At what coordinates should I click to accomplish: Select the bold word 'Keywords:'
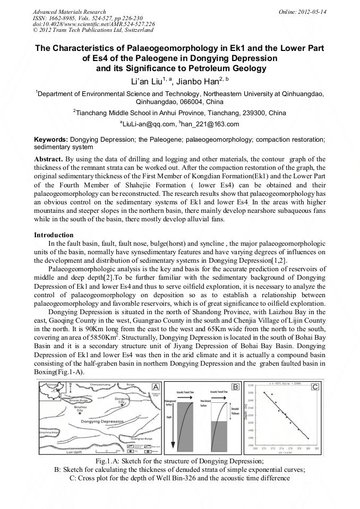[x=51, y=139]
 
